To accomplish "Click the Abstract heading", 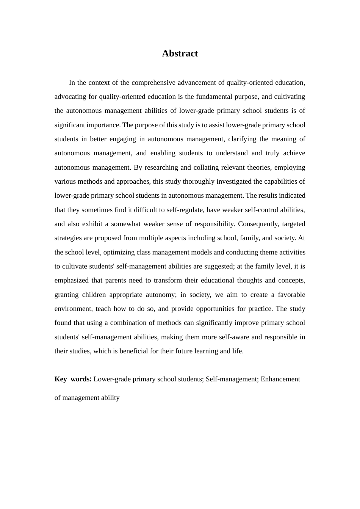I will click(x=180, y=53).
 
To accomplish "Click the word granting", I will click(x=67, y=295).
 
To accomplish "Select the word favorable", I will click(x=291, y=295).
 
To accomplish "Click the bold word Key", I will click(x=61, y=379).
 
